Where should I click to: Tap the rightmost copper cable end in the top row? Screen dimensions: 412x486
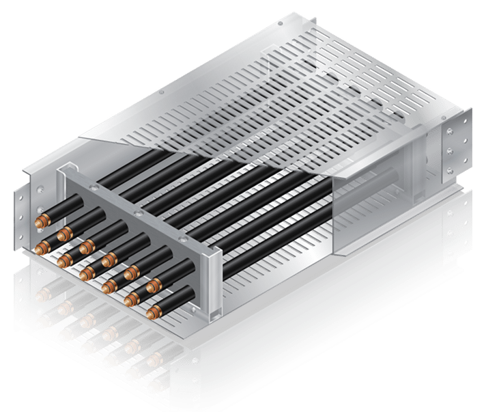[x=154, y=282]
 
